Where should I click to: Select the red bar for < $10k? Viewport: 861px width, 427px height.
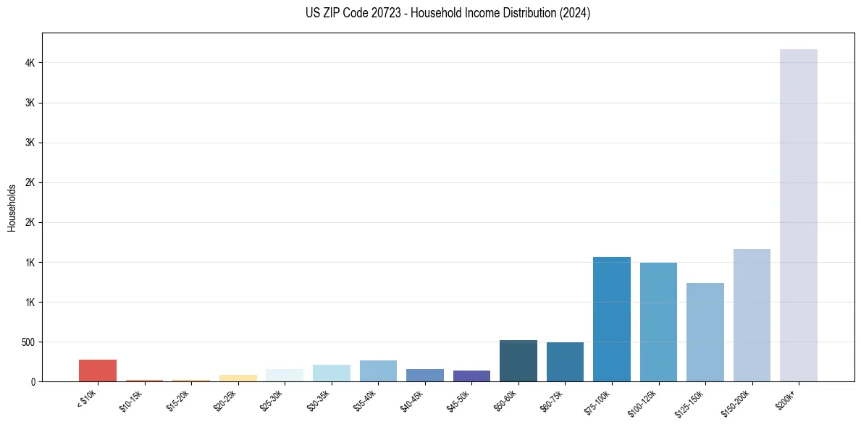pos(98,371)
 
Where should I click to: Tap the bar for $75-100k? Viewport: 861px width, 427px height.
pos(611,319)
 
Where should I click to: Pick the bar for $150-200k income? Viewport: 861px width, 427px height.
pos(752,315)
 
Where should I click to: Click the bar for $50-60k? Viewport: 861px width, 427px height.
pos(518,360)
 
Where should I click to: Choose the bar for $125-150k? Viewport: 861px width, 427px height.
pos(705,332)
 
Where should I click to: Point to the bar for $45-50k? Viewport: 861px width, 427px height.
pos(471,376)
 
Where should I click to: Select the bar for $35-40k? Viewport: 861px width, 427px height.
pos(378,371)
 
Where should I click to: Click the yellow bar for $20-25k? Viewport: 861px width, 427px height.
pos(238,378)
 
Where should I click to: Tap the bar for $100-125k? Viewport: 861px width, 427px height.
pos(658,322)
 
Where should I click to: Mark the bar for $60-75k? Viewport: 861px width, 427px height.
pos(565,362)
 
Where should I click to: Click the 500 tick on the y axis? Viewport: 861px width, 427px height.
pos(29,342)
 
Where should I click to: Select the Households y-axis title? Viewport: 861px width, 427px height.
pos(12,208)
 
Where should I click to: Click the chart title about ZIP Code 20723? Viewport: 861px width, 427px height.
pos(448,13)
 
